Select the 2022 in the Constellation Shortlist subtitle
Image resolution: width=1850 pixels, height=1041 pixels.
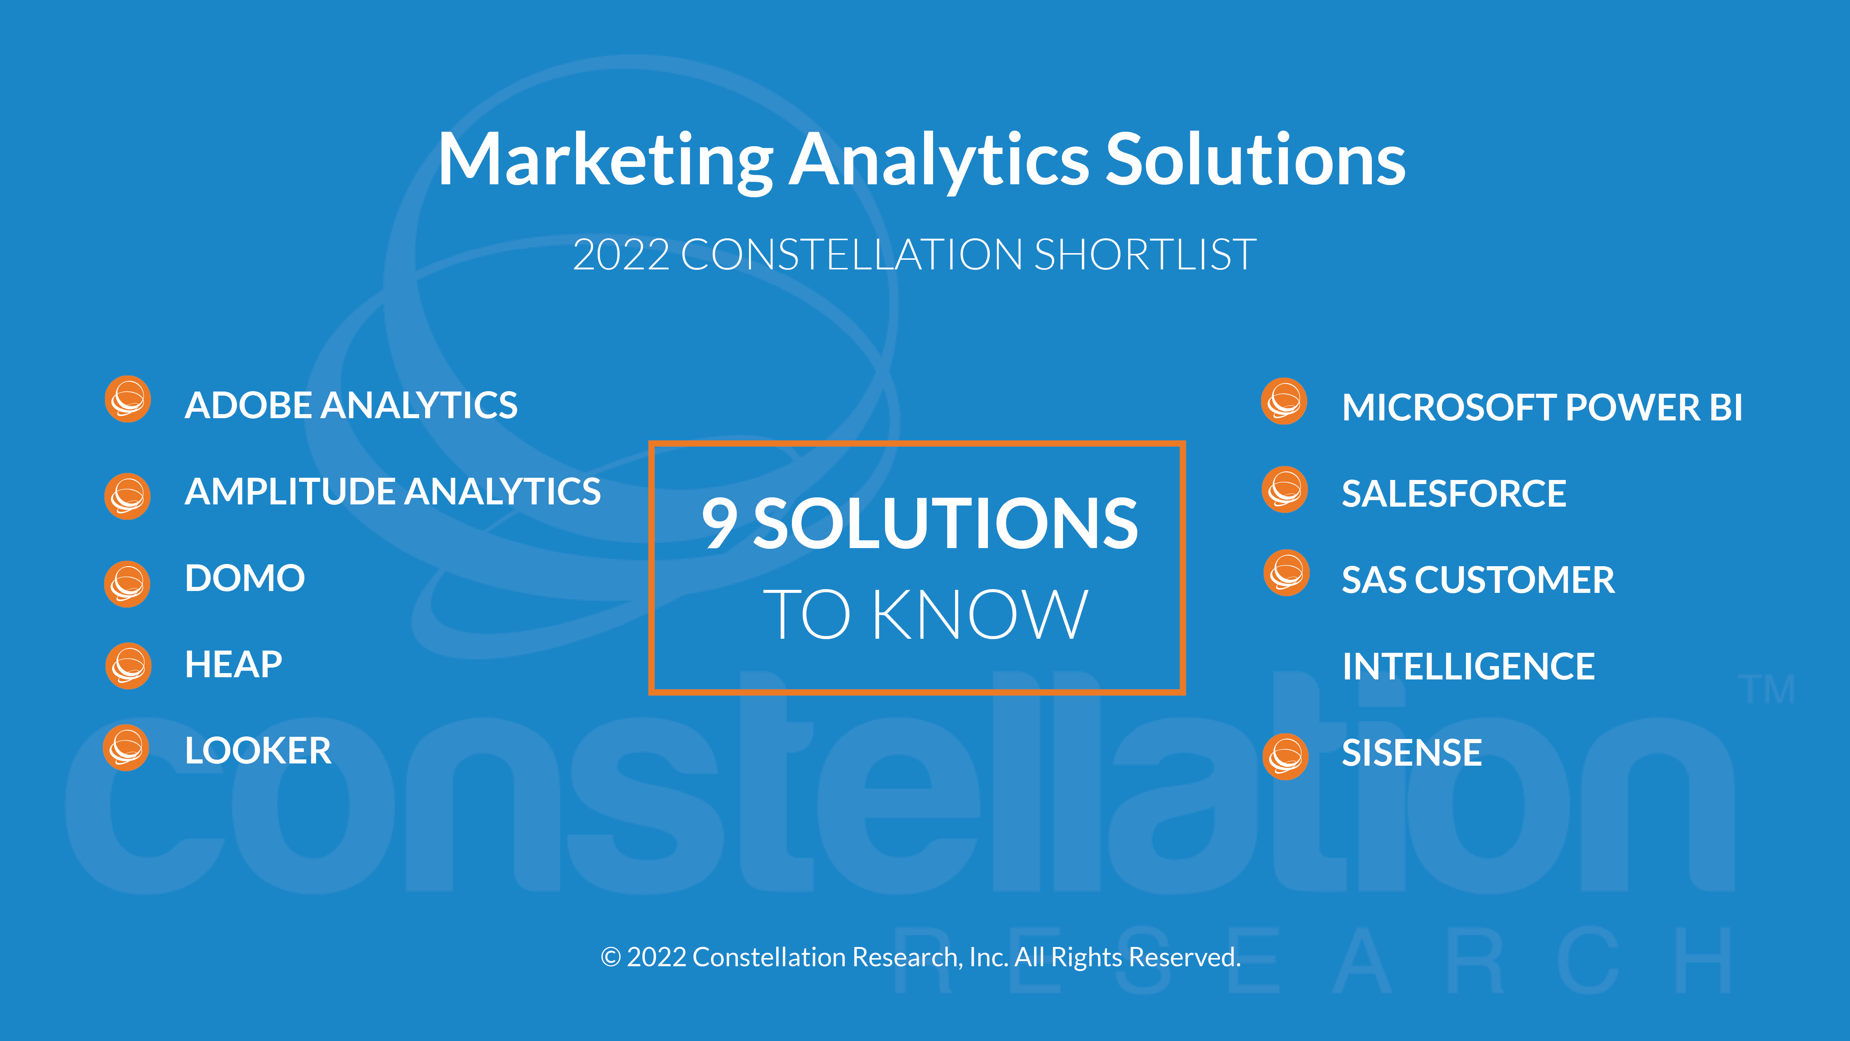tap(621, 255)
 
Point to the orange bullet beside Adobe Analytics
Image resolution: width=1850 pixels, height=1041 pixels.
tap(128, 399)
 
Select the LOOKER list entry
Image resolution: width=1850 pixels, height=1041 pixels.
tap(258, 751)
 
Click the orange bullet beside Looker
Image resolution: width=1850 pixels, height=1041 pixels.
tap(127, 748)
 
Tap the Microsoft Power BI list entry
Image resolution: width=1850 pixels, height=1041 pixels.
tap(1542, 407)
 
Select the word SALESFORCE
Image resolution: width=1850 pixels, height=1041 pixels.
tap(1454, 494)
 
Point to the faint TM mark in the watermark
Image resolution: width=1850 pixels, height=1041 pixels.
tap(1766, 690)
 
